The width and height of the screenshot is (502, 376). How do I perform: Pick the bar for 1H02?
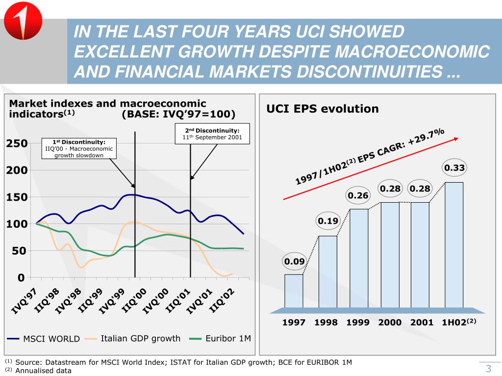click(454, 245)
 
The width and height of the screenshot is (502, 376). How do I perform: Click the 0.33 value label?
click(454, 168)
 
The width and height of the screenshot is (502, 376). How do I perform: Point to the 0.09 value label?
click(295, 261)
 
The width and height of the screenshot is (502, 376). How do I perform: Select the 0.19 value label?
click(328, 221)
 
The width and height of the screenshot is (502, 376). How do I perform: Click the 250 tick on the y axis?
click(15, 143)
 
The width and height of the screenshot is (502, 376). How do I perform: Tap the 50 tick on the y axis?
click(18, 251)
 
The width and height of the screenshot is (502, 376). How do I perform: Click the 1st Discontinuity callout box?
click(79, 148)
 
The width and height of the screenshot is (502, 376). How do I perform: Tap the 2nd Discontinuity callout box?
click(212, 134)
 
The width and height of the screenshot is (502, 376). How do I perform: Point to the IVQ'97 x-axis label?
click(24, 300)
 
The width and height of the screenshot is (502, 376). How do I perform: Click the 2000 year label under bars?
click(390, 323)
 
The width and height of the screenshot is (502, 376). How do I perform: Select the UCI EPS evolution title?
click(322, 109)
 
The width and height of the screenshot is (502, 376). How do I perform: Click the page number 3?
click(488, 369)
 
